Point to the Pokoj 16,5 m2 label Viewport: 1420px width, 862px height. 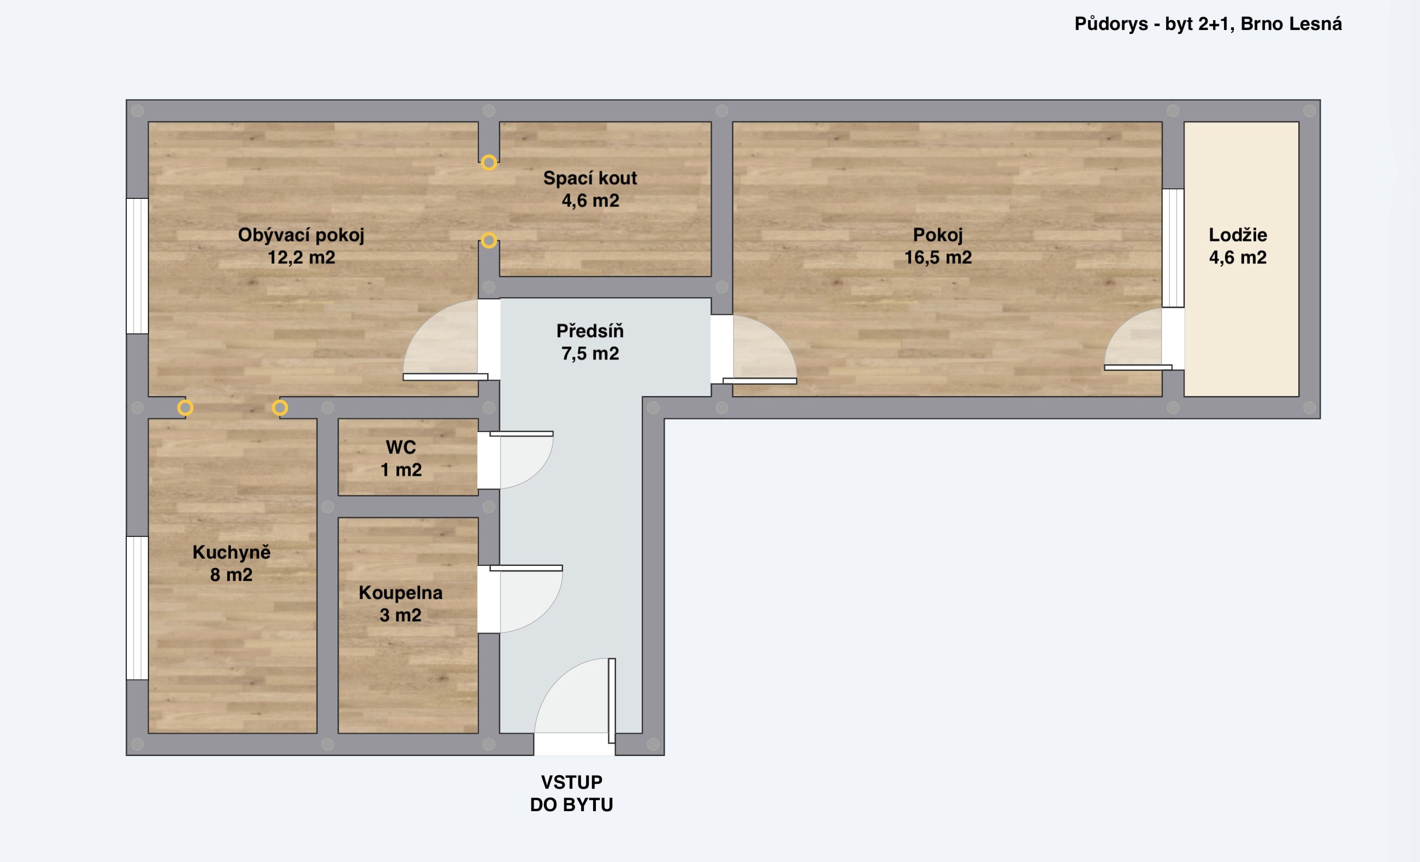point(938,246)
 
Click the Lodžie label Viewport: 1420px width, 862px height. point(1238,235)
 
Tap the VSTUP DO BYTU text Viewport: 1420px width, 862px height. point(572,793)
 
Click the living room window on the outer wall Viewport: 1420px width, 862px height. point(137,266)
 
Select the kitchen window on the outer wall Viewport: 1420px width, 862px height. point(137,608)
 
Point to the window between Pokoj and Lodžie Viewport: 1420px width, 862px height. point(1173,248)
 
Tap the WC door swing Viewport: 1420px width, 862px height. point(522,460)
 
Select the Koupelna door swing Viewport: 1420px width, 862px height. point(526,599)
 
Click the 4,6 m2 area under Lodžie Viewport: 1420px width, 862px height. point(1238,257)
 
